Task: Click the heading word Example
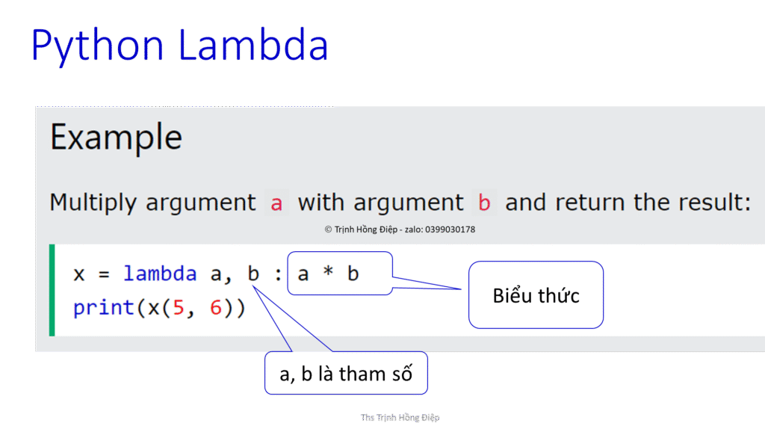116,138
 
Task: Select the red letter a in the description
276,203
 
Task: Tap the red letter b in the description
484,203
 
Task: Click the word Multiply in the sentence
93,203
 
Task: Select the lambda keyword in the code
160,274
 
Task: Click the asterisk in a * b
328,274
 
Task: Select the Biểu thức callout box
536,295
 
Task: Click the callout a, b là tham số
346,374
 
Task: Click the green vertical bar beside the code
52,290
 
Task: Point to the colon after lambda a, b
278,274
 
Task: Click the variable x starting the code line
79,274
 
